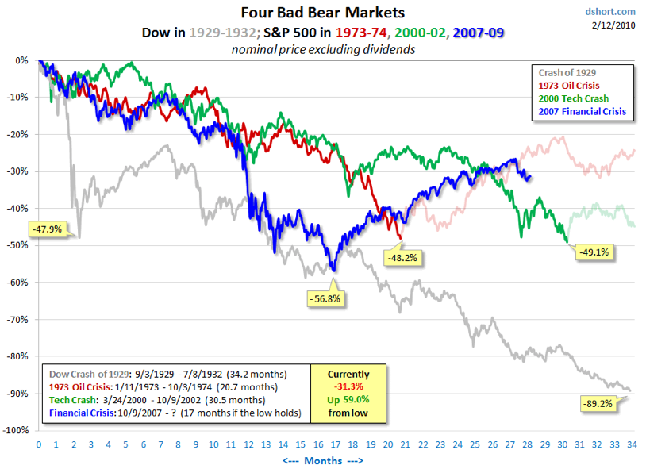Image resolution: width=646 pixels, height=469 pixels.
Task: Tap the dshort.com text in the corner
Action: click(612, 11)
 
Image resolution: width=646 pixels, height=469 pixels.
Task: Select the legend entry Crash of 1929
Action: click(561, 72)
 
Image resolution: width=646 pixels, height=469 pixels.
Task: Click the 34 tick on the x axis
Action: click(631, 444)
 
